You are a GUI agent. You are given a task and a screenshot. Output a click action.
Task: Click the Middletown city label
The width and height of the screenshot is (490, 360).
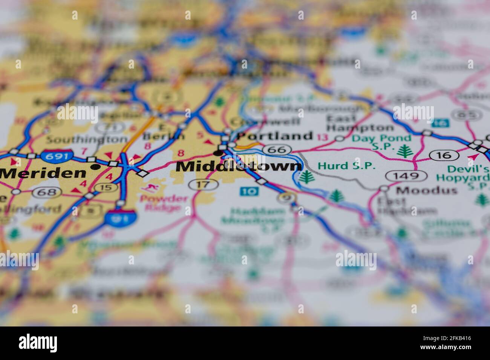pos(239,166)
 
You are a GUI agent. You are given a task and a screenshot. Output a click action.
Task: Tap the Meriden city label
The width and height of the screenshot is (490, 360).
pos(43,173)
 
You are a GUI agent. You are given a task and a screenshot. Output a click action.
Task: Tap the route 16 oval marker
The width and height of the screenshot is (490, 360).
pos(445,155)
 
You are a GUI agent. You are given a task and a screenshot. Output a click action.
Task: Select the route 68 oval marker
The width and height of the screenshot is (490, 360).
pos(47,192)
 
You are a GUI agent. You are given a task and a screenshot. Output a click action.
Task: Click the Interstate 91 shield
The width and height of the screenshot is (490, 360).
pos(121,217)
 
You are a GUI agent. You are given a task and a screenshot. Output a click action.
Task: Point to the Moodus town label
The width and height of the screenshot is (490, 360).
pos(427,190)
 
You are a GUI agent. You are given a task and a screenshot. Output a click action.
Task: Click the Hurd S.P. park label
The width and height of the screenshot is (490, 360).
pos(347,165)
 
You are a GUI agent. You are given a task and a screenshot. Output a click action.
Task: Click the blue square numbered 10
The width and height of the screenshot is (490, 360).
pos(249,191)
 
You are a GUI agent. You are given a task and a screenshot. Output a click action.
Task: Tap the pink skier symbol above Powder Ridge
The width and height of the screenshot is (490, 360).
pos(149,188)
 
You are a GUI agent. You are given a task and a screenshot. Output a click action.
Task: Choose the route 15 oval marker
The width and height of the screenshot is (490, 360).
pos(106,187)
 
